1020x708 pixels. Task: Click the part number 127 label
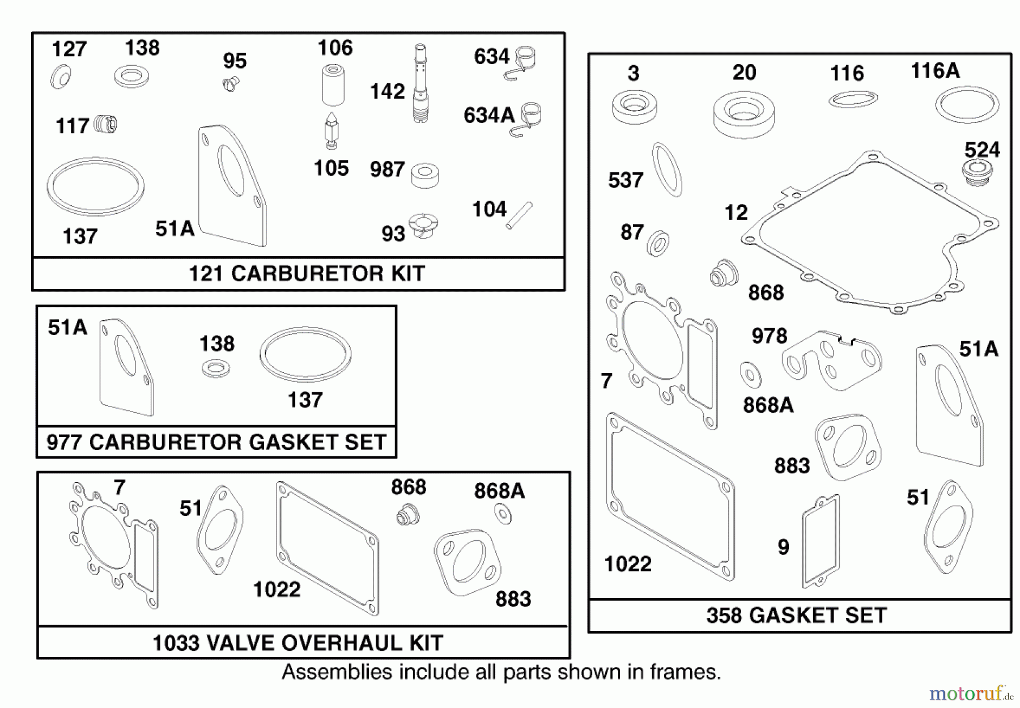pyautogui.click(x=69, y=49)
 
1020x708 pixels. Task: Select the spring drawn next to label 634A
pyautogui.click(x=529, y=120)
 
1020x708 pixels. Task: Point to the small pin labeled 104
pyautogui.click(x=519, y=215)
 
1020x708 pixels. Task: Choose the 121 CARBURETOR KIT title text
pyautogui.click(x=306, y=274)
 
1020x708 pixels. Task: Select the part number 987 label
pyautogui.click(x=387, y=169)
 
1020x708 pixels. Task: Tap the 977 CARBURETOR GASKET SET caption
pyautogui.click(x=216, y=442)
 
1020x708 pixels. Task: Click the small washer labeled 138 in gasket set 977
pyautogui.click(x=215, y=370)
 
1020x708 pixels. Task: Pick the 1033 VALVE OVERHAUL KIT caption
pyautogui.click(x=297, y=643)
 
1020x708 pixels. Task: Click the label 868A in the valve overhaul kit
pyautogui.click(x=499, y=491)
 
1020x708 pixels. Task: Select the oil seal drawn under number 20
pyautogui.click(x=743, y=114)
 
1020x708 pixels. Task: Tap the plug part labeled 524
pyautogui.click(x=977, y=172)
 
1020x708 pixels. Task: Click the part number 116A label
pyautogui.click(x=935, y=71)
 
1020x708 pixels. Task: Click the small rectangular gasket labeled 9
pyautogui.click(x=820, y=541)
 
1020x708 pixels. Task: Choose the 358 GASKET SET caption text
pyautogui.click(x=796, y=616)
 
